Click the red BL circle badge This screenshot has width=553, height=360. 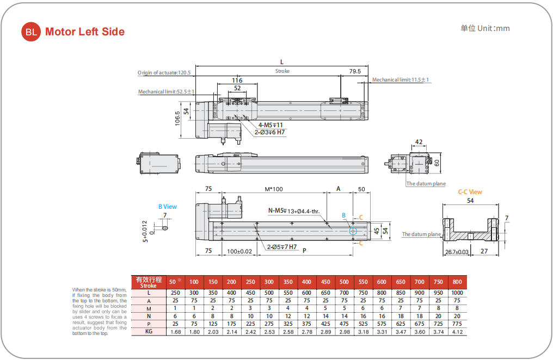pos(31,32)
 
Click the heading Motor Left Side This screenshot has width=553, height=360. pos(85,32)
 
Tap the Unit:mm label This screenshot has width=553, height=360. pos(485,28)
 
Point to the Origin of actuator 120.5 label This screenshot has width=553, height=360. pos(165,72)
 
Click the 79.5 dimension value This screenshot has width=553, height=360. pos(355,71)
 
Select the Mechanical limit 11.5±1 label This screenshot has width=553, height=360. pos(401,80)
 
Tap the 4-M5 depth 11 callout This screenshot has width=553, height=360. pos(271,125)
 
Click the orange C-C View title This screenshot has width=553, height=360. pos(470,192)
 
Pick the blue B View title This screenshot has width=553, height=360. pos(168,207)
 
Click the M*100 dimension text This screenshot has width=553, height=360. pos(274,189)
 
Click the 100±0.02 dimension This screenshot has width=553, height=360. pos(239,251)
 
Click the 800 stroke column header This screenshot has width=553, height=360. pos(457,282)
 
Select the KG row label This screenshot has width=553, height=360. pos(149,331)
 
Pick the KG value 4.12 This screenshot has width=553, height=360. pos(457,331)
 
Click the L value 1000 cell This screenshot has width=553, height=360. pos(457,293)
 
